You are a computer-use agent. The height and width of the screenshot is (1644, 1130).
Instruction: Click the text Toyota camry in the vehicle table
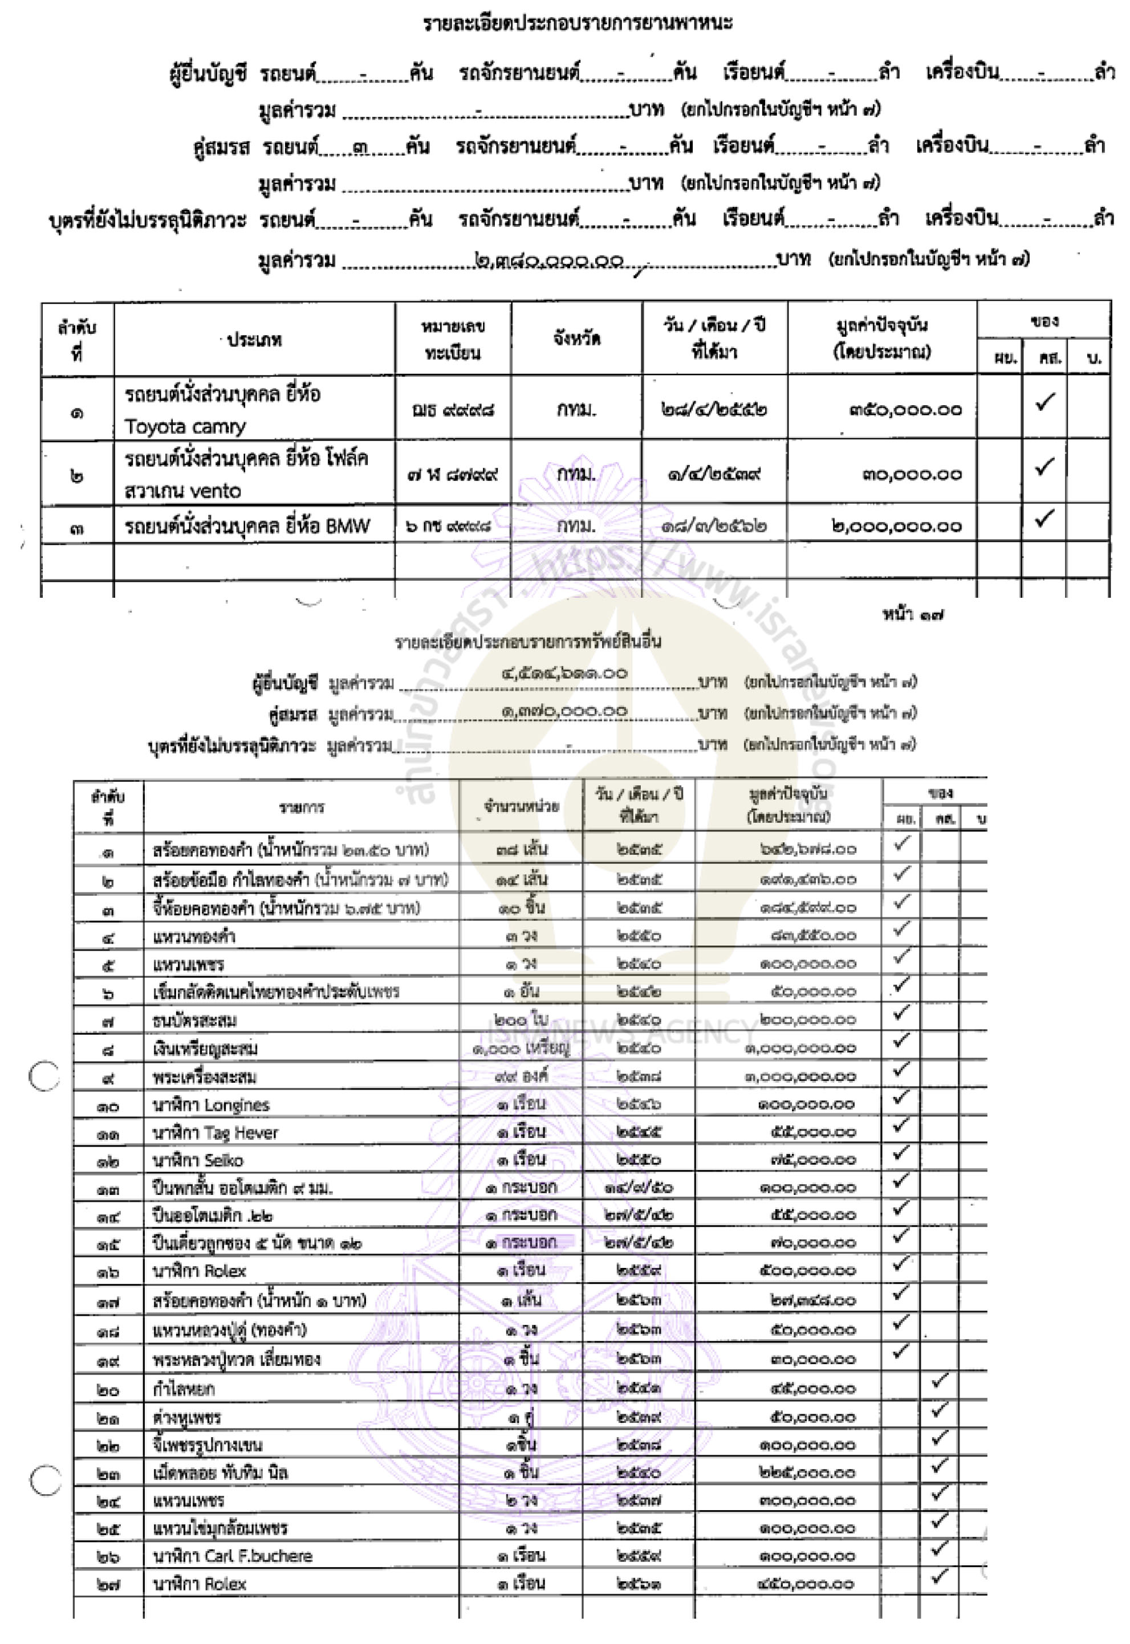(x=185, y=427)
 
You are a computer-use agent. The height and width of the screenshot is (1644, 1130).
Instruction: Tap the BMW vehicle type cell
(x=247, y=526)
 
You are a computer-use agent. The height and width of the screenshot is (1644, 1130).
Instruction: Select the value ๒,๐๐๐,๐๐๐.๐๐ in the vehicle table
(x=896, y=526)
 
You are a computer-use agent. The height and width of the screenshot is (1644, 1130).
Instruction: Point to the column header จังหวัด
(x=576, y=338)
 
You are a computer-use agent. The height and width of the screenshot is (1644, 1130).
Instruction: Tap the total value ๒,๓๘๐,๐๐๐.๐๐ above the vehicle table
(x=550, y=261)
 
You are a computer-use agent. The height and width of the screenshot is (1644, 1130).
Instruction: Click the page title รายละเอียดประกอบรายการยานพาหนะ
(x=578, y=23)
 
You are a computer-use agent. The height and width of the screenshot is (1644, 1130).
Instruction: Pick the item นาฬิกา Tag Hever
(x=216, y=1133)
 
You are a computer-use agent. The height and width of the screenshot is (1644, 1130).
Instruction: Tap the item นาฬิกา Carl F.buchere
(x=232, y=1556)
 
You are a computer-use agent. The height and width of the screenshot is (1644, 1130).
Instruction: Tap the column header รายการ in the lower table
(x=301, y=807)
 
